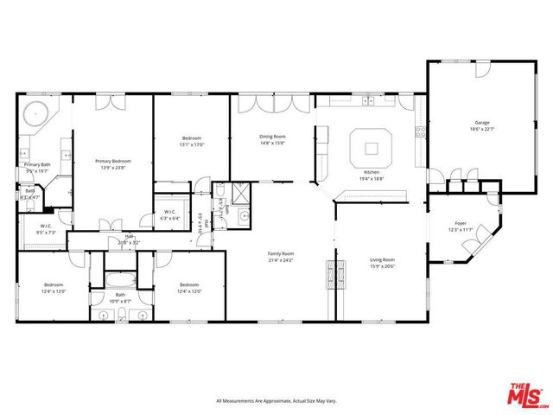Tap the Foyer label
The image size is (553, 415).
click(461, 223)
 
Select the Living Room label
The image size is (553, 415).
click(382, 259)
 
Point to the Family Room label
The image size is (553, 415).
click(282, 253)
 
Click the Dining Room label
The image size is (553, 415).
click(272, 137)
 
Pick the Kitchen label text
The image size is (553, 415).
click(372, 173)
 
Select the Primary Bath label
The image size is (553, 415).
click(37, 164)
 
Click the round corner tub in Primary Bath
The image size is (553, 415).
click(35, 112)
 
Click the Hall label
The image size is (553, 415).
click(129, 236)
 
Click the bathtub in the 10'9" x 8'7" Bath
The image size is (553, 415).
click(118, 280)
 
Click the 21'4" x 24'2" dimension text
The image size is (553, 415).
click(282, 259)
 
